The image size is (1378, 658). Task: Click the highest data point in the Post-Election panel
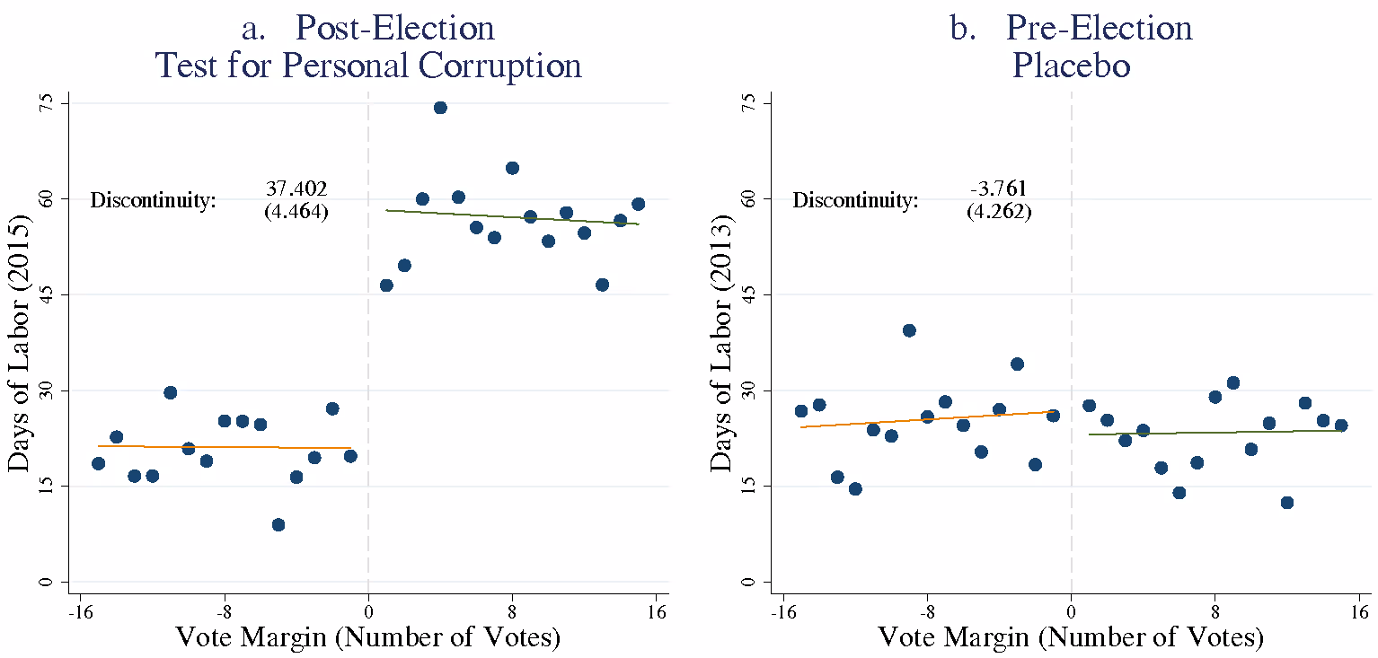tap(440, 108)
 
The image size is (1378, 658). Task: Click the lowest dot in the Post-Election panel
tap(278, 525)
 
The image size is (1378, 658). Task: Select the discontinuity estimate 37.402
tap(296, 189)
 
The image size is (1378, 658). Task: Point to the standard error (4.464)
tap(296, 213)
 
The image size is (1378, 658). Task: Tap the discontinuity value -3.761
tap(998, 189)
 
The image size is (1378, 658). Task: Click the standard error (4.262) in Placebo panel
tap(998, 213)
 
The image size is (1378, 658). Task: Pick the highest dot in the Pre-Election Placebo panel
tap(909, 330)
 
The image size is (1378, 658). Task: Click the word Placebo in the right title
tap(1071, 66)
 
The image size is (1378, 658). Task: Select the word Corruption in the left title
tap(486, 66)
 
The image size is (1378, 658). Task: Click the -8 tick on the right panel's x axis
tap(927, 613)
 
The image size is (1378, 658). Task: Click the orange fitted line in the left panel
tap(225, 446)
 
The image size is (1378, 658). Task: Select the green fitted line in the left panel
tap(512, 216)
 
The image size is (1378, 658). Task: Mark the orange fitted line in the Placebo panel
tap(925, 418)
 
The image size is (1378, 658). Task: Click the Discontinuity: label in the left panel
tap(154, 201)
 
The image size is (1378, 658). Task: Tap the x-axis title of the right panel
tap(1071, 638)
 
